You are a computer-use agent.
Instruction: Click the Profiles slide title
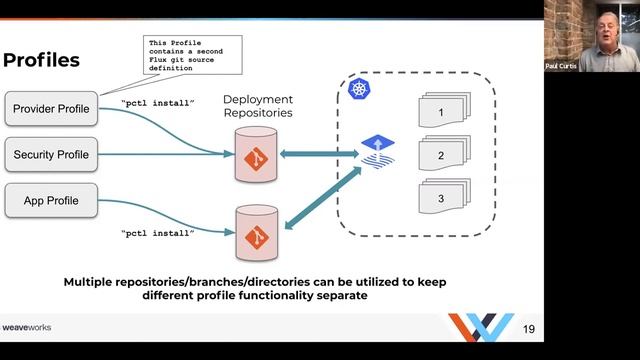41,61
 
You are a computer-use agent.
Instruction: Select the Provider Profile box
51,108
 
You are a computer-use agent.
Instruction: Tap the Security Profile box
51,155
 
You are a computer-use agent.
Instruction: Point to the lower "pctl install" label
157,233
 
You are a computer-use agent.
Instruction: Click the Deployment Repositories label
258,107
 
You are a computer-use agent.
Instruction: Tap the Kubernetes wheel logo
359,92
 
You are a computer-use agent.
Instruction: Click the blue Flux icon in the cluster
377,150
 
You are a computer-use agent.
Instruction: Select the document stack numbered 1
439,112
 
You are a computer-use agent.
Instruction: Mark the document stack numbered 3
439,199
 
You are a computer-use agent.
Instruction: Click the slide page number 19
530,328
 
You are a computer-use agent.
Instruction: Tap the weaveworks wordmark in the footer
27,327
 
